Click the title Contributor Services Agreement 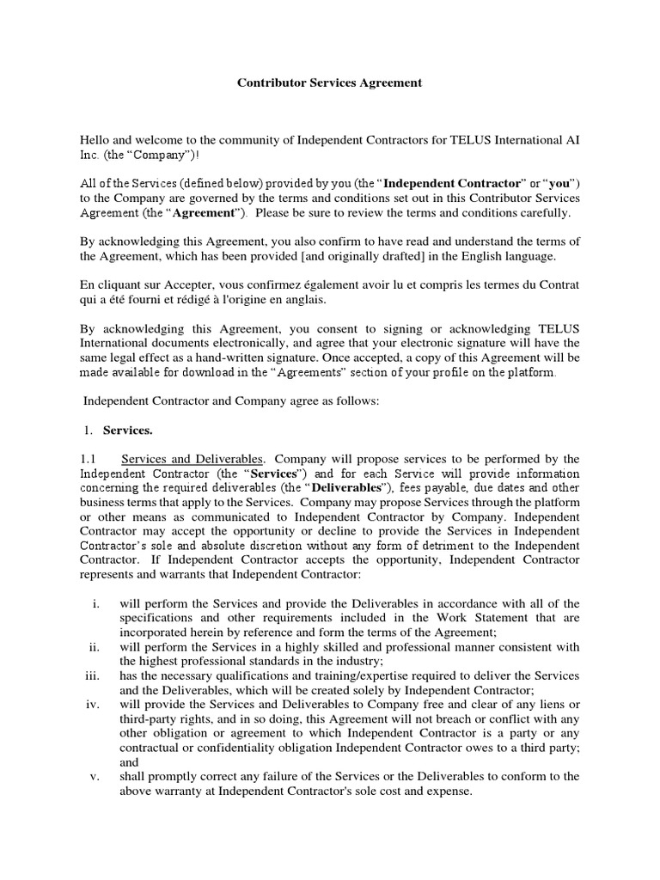pos(329,83)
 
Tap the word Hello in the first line pos(96,139)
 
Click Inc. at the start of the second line pos(90,154)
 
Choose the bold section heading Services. pos(128,430)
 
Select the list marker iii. pos(94,675)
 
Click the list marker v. pos(96,776)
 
